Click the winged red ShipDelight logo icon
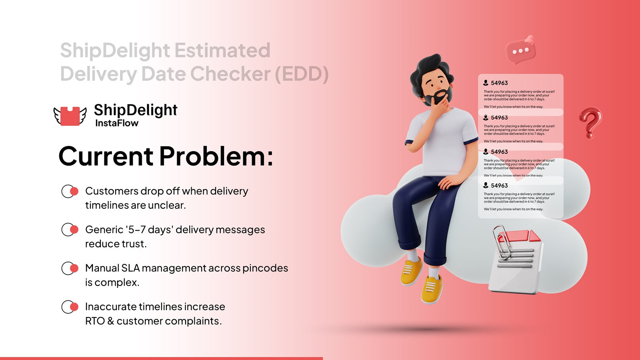click(70, 116)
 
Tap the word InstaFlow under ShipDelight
click(117, 123)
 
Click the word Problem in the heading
click(216, 156)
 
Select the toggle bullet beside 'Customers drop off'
click(70, 191)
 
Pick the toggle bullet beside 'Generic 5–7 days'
click(70, 230)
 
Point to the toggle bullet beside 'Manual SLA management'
click(70, 268)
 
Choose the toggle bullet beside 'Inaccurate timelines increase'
click(70, 307)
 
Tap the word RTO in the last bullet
click(95, 321)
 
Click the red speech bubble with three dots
click(520, 51)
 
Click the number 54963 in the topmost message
click(499, 83)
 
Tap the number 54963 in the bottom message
click(499, 186)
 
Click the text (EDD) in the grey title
click(302, 74)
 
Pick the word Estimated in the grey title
click(222, 50)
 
